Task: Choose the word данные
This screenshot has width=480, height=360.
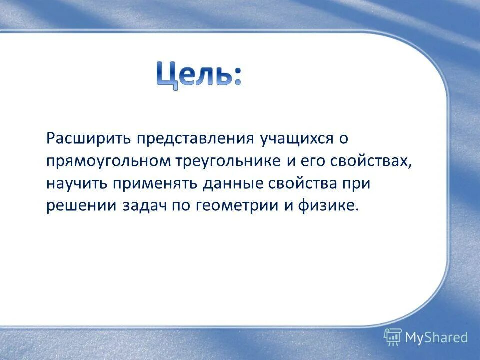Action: (x=231, y=184)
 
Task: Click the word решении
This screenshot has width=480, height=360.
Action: (x=82, y=206)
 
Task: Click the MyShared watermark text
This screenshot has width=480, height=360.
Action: (x=436, y=337)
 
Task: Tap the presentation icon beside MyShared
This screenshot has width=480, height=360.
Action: (x=393, y=337)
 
